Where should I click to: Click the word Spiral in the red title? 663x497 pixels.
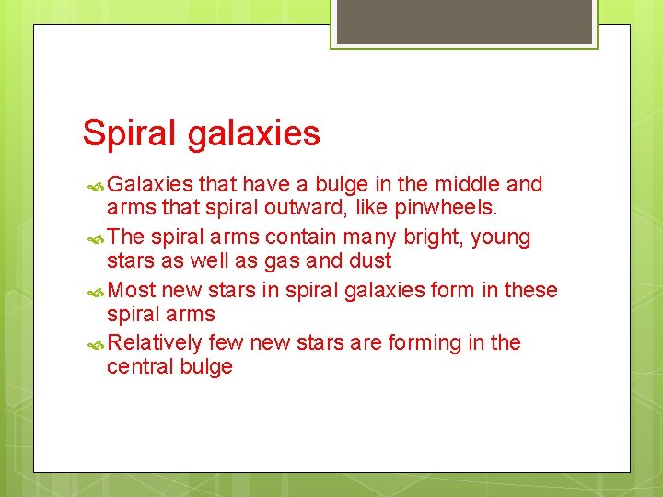click(x=130, y=133)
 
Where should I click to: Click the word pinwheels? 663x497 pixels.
click(x=447, y=208)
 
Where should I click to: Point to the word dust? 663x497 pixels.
click(x=368, y=260)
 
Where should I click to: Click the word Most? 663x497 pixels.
click(x=132, y=290)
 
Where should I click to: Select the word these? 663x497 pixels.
click(x=530, y=290)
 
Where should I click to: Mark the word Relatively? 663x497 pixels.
click(x=155, y=343)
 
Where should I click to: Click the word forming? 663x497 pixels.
click(x=428, y=343)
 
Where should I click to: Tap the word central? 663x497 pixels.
click(x=138, y=366)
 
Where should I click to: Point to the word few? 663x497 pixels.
click(x=226, y=342)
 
